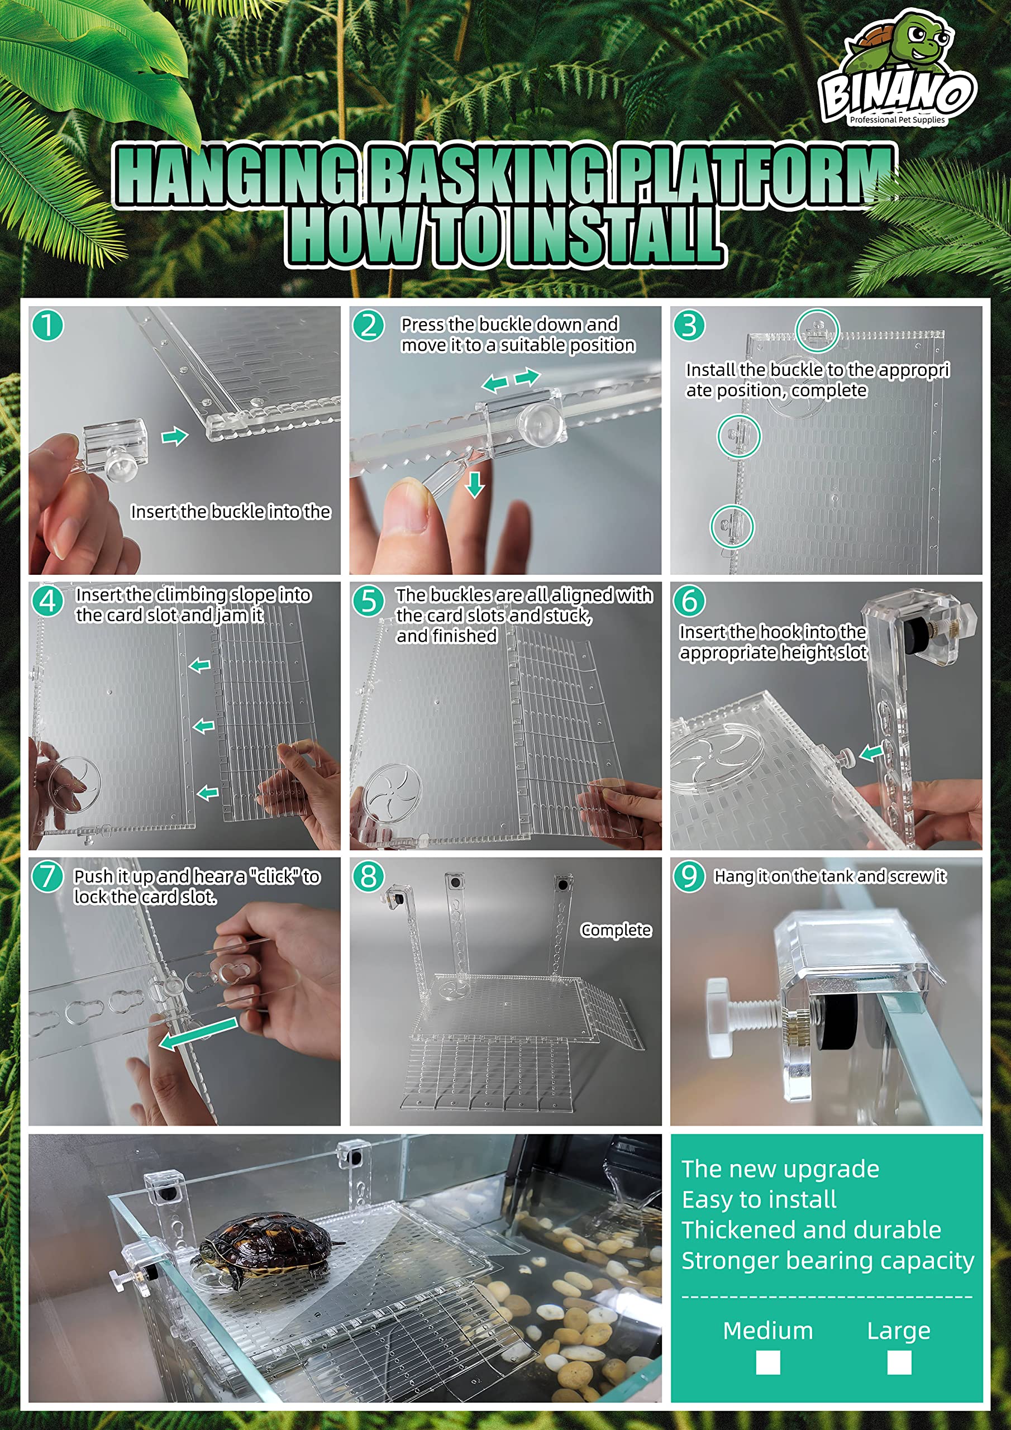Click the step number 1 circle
pyautogui.click(x=47, y=325)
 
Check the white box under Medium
pyautogui.click(x=767, y=1362)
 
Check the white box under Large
pyautogui.click(x=899, y=1362)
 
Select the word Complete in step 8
pyautogui.click(x=616, y=930)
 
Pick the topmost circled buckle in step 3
pyautogui.click(x=817, y=330)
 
